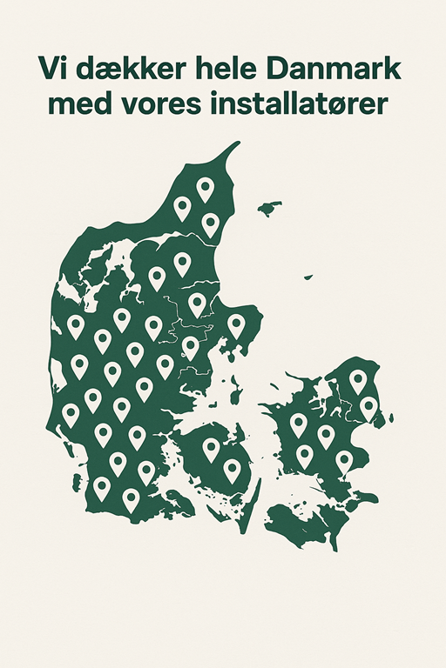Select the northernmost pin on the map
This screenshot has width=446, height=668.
pyautogui.click(x=206, y=188)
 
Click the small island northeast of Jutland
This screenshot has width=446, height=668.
pyautogui.click(x=270, y=209)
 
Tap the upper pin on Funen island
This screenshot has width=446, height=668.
pyautogui.click(x=211, y=448)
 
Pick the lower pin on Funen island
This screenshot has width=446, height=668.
pyautogui.click(x=232, y=470)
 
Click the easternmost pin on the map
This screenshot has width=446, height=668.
pyautogui.click(x=368, y=406)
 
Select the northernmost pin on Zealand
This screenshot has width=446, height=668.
pyautogui.click(x=358, y=380)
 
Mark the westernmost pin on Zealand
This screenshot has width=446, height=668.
pyautogui.click(x=299, y=424)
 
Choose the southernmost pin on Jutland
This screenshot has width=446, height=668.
pyautogui.click(x=131, y=499)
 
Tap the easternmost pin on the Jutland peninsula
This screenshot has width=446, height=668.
pyautogui.click(x=236, y=325)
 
